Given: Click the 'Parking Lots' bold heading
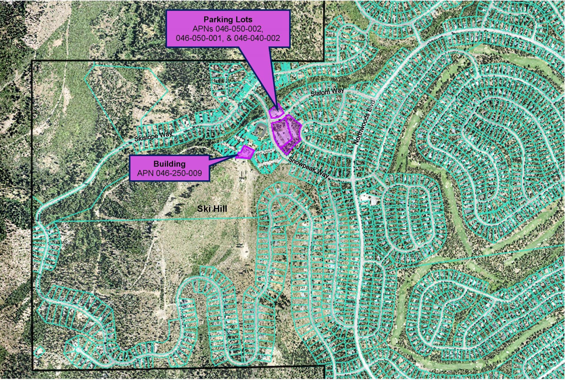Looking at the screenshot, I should [228, 20].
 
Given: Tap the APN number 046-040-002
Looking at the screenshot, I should [257, 38].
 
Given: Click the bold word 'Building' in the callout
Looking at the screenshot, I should [169, 164].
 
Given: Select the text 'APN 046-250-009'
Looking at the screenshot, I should [169, 173].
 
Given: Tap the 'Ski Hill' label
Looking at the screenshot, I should [212, 209].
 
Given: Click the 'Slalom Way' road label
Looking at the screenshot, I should [327, 92].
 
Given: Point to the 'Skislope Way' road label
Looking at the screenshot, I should [153, 136].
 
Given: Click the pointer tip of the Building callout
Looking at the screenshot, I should [238, 154].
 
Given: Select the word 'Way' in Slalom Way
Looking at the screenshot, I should [337, 91].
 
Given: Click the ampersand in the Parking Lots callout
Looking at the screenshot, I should [230, 38].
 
